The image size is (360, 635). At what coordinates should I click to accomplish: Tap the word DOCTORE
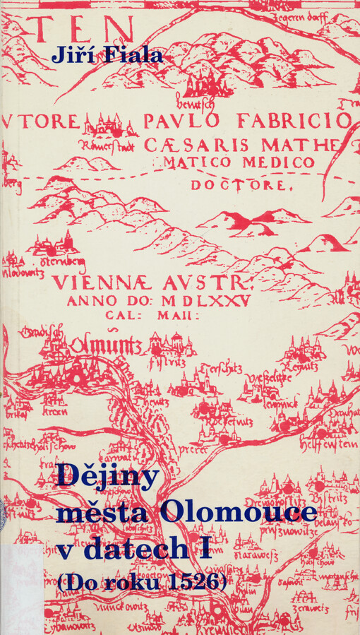click(x=239, y=186)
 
